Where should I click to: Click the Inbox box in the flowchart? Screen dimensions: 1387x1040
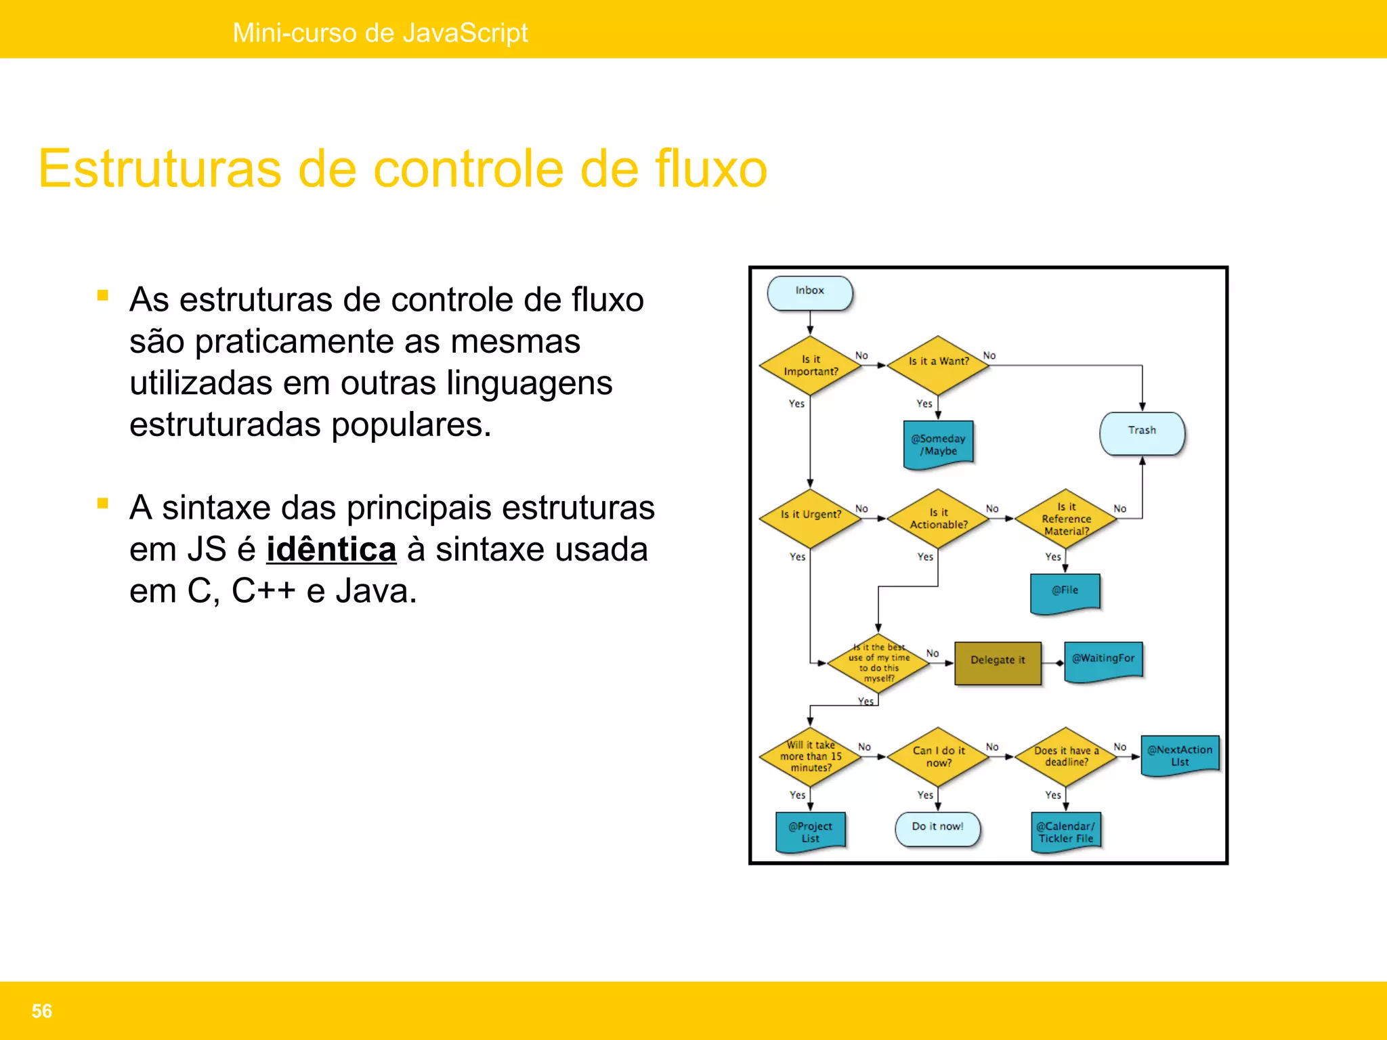[809, 292]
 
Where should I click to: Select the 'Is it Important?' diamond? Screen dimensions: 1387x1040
[810, 366]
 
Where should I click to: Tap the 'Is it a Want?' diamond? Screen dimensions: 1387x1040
[938, 364]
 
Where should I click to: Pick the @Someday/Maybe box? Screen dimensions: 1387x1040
[938, 444]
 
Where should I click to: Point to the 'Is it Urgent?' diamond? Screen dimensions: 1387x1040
[810, 517]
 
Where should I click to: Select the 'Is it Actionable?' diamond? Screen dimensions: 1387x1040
[938, 519]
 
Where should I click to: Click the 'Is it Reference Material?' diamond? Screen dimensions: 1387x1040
[1066, 519]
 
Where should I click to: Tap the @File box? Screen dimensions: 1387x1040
[1065, 592]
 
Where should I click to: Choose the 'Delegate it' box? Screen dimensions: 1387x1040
[998, 662]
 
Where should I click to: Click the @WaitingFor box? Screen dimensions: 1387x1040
[1103, 660]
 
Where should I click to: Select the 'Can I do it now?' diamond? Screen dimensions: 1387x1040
[938, 757]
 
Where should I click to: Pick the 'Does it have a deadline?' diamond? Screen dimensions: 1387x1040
[1066, 757]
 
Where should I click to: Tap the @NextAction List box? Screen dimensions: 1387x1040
[1180, 755]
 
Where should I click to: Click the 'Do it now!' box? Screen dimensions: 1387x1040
[937, 828]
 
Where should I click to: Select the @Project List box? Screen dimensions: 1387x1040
[810, 831]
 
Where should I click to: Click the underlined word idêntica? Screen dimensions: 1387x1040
[330, 549]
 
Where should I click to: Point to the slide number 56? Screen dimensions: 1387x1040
[42, 1011]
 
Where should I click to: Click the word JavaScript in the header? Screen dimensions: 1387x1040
[465, 32]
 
